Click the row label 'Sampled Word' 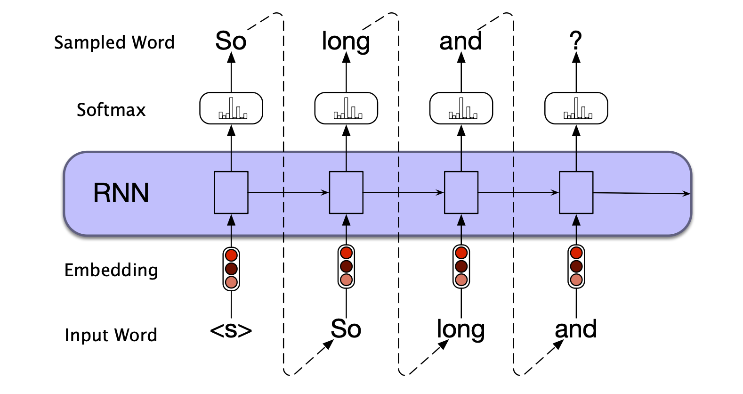[x=114, y=42]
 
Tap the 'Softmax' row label [x=111, y=110]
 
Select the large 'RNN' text [x=121, y=193]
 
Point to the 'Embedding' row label [x=111, y=270]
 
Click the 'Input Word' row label [x=111, y=335]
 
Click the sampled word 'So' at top [x=231, y=41]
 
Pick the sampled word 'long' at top [x=346, y=41]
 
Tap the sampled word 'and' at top [x=460, y=41]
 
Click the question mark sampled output [x=575, y=41]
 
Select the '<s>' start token [x=231, y=330]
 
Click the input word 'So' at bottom [x=346, y=328]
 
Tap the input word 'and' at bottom [x=575, y=329]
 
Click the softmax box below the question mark [x=576, y=108]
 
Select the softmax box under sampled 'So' [x=231, y=108]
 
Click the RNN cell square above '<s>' [x=231, y=192]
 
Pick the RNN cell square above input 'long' [x=461, y=192]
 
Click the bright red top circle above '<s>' [x=231, y=255]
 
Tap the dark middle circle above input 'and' [x=576, y=266]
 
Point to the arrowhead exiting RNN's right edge [x=687, y=194]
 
